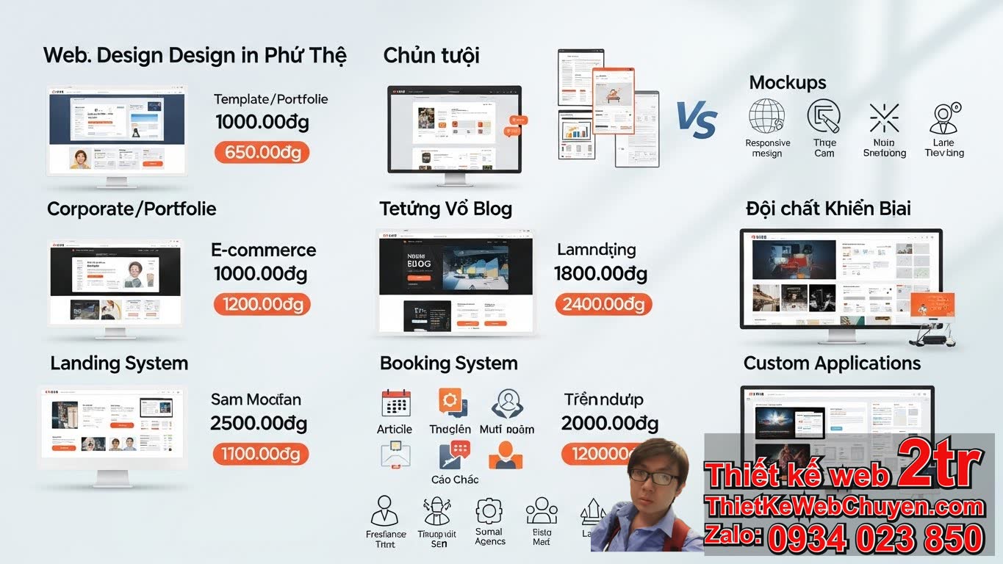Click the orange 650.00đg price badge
click(x=262, y=153)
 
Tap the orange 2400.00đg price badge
click(x=603, y=304)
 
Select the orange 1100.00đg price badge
click(x=261, y=454)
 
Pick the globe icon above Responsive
click(x=766, y=117)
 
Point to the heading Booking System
click(x=448, y=364)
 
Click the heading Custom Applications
click(x=832, y=364)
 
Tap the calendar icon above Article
click(x=395, y=403)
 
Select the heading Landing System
click(x=119, y=364)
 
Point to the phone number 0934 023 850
click(x=875, y=538)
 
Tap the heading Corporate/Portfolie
click(x=132, y=209)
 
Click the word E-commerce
click(x=263, y=250)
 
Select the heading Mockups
click(x=788, y=83)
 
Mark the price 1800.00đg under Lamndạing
click(x=600, y=274)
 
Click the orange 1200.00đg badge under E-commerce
click(x=262, y=304)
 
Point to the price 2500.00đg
click(x=259, y=424)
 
